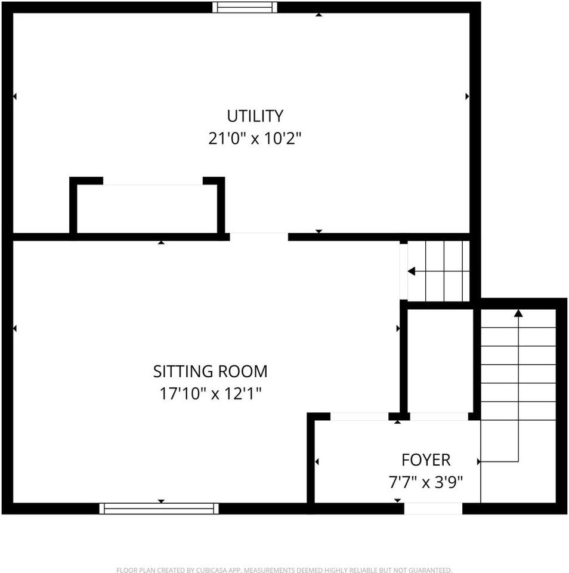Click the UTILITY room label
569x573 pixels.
pyautogui.click(x=255, y=115)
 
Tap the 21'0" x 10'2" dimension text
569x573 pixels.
pyautogui.click(x=255, y=138)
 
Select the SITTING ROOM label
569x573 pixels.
pyautogui.click(x=210, y=371)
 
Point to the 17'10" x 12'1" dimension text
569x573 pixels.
pyautogui.click(x=210, y=394)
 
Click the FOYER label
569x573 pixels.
pyautogui.click(x=426, y=460)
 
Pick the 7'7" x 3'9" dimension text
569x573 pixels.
pyautogui.click(x=426, y=482)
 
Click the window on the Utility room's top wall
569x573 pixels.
pyautogui.click(x=245, y=7)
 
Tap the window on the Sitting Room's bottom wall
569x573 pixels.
pyautogui.click(x=159, y=509)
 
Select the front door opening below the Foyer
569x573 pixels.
pyautogui.click(x=433, y=509)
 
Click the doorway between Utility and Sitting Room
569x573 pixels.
pyautogui.click(x=259, y=236)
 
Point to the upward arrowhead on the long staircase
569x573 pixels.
pyautogui.click(x=518, y=313)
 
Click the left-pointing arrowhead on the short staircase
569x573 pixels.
pyautogui.click(x=412, y=272)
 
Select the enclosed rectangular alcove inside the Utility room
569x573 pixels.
pyautogui.click(x=147, y=208)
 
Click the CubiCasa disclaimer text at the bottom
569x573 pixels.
pyautogui.click(x=284, y=570)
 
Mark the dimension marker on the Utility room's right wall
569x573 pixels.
pyautogui.click(x=467, y=96)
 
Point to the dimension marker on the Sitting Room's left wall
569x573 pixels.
pyautogui.click(x=14, y=328)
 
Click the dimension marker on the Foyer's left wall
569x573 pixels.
pyautogui.click(x=317, y=461)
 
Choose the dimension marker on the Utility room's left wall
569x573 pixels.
pyautogui.click(x=14, y=96)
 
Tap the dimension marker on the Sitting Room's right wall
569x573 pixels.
pyautogui.click(x=398, y=328)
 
